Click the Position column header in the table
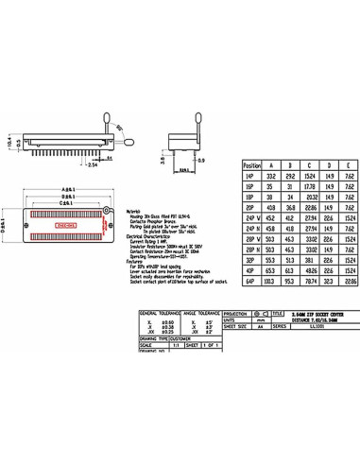[252, 164]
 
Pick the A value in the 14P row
[272, 176]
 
